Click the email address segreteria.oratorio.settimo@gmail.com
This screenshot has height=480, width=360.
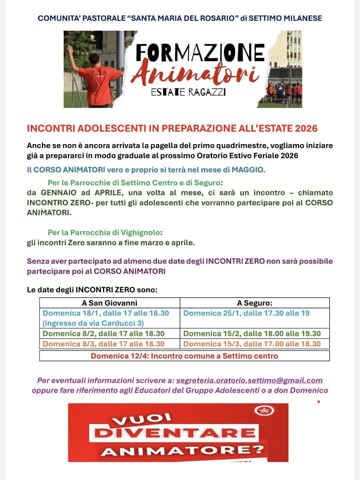pyautogui.click(x=249, y=381)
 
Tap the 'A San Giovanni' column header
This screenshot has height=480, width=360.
pyautogui.click(x=109, y=303)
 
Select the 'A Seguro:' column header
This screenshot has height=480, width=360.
pyautogui.click(x=255, y=303)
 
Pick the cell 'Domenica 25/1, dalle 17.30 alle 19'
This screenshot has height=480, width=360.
pyautogui.click(x=246, y=313)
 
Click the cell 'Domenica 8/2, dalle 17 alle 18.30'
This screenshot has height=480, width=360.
pyautogui.click(x=104, y=334)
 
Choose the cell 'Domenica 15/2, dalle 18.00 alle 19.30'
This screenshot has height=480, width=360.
pyautogui.click(x=252, y=334)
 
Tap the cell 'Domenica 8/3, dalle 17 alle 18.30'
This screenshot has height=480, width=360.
pyautogui.click(x=104, y=344)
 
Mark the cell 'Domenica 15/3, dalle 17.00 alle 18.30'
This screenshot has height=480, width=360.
pyautogui.click(x=252, y=344)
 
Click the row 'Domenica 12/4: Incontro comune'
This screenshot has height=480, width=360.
pyautogui.click(x=184, y=356)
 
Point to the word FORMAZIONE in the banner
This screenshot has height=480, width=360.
pyautogui.click(x=200, y=53)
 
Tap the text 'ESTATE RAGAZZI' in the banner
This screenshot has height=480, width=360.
pyautogui.click(x=188, y=92)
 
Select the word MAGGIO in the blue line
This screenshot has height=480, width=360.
pyautogui.click(x=248, y=170)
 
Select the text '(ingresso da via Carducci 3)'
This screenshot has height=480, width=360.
pyautogui.click(x=93, y=323)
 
